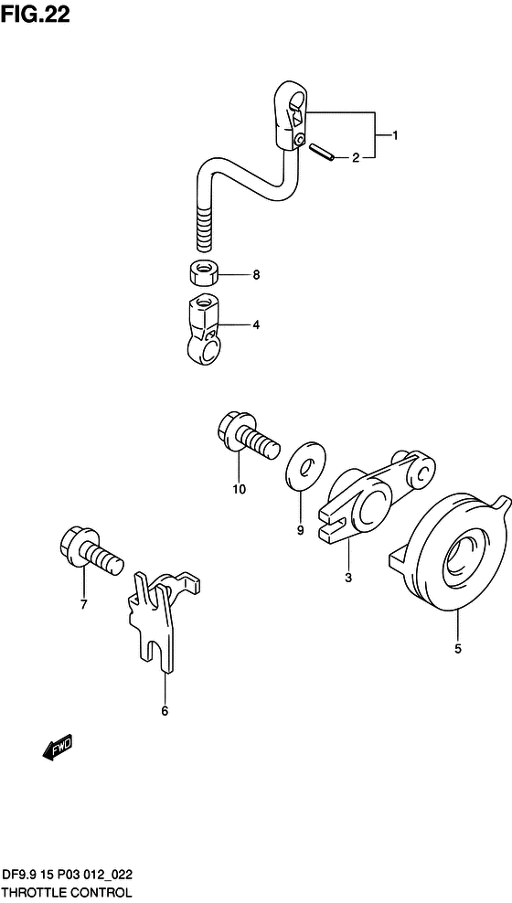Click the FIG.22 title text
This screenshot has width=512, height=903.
[35, 15]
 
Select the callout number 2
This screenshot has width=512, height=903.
[356, 158]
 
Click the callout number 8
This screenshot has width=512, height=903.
[256, 275]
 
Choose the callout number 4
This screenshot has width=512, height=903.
[256, 325]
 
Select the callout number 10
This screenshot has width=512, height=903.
[239, 490]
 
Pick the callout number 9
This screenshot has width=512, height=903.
[300, 531]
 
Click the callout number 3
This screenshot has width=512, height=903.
[347, 579]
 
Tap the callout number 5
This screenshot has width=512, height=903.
[458, 649]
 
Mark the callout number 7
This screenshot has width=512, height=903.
[83, 605]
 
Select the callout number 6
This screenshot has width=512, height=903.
[165, 711]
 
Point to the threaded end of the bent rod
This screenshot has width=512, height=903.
[206, 228]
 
